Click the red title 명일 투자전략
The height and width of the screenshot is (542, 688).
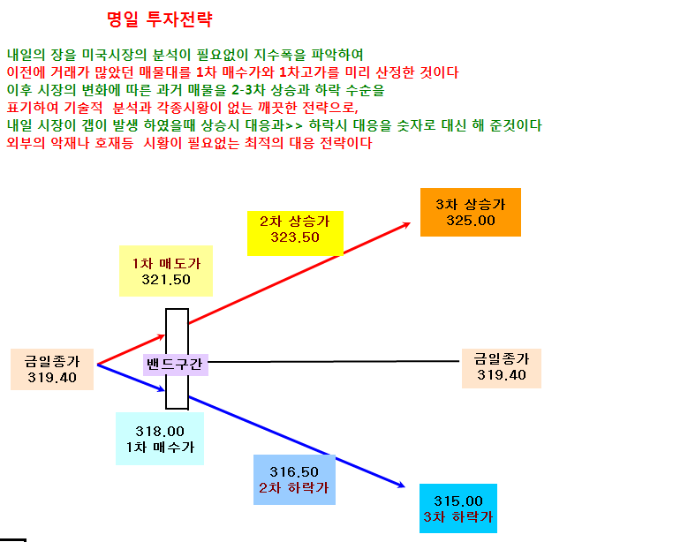click(x=160, y=19)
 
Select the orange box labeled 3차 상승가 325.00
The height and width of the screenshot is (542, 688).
click(x=471, y=212)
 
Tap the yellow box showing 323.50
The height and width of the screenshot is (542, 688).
click(x=295, y=233)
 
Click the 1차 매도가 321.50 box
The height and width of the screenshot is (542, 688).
click(x=166, y=271)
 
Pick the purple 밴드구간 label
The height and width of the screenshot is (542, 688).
click(x=176, y=365)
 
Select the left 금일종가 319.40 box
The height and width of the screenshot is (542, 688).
click(x=52, y=369)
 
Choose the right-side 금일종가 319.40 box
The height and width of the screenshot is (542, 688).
click(x=502, y=368)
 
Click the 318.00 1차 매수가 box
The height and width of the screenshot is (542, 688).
click(x=160, y=439)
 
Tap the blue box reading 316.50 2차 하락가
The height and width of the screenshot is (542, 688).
click(x=294, y=479)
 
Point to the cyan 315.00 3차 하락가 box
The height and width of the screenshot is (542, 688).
click(x=458, y=508)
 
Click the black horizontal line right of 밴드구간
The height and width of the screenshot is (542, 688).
click(x=334, y=362)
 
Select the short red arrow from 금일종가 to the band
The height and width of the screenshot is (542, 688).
click(x=131, y=350)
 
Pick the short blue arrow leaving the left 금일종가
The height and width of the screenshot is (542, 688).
click(x=131, y=377)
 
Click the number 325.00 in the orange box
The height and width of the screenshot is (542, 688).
click(x=471, y=221)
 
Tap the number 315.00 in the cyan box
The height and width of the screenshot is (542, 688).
click(x=458, y=501)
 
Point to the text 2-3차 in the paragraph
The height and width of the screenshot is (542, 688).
click(x=248, y=90)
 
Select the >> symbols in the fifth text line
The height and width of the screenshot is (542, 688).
click(x=294, y=126)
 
